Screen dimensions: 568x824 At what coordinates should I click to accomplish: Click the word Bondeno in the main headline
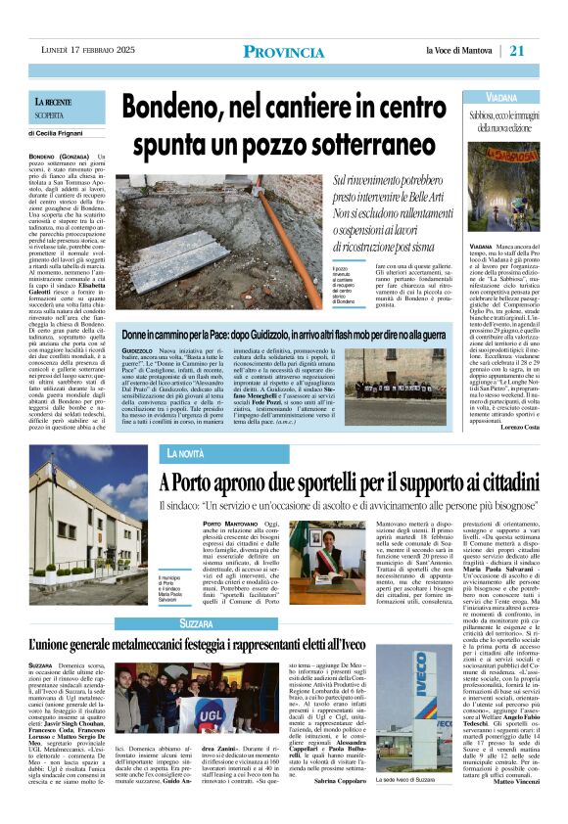192,103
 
